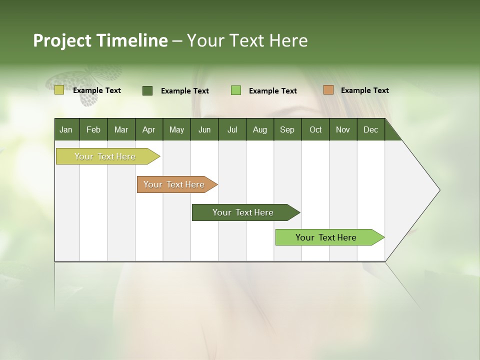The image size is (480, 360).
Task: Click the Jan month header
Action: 66,130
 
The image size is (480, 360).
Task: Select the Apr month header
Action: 148,130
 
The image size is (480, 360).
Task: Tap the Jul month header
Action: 232,130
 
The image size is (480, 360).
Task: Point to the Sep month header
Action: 287,130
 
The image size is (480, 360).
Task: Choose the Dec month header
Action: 370,130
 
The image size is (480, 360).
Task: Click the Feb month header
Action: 93,130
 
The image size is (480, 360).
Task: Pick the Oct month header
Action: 315,130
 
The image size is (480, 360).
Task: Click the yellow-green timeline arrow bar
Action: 105,156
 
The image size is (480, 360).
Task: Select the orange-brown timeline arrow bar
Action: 174,184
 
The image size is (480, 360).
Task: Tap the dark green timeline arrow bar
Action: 243,212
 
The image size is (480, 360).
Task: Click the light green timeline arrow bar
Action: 326,237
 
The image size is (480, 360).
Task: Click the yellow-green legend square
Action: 59,90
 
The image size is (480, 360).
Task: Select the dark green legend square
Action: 147,90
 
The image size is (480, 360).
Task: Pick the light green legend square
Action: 236,90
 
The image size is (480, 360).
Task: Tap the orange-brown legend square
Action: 328,90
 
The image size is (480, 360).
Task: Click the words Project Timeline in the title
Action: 100,40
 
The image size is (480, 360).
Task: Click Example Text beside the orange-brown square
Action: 364,90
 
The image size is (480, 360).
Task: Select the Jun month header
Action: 204,130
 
